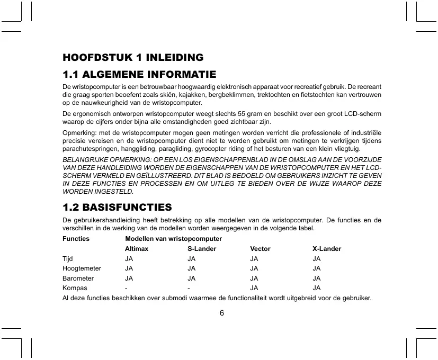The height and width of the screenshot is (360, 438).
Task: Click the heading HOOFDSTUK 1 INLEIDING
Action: [x=133, y=57]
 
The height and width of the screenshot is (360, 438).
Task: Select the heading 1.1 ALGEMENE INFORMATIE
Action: [x=139, y=74]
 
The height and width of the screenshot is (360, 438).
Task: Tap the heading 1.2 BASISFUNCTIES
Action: [x=117, y=206]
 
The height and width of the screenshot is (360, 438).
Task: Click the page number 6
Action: [x=222, y=312]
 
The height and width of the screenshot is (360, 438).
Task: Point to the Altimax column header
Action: [x=136, y=249]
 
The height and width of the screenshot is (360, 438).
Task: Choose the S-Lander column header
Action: [x=202, y=249]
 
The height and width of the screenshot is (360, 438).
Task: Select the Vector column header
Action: [x=260, y=249]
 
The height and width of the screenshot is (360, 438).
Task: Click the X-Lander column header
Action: [x=327, y=249]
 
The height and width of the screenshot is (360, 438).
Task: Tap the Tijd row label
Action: [x=67, y=259]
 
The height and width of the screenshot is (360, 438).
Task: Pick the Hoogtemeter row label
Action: [x=82, y=268]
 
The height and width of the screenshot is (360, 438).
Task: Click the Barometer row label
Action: [x=78, y=278]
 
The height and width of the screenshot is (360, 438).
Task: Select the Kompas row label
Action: [x=75, y=288]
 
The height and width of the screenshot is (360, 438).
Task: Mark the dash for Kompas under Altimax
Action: [x=126, y=288]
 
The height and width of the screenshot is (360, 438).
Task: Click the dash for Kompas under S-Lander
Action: [x=189, y=288]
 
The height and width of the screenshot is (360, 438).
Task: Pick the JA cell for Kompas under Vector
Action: [x=254, y=288]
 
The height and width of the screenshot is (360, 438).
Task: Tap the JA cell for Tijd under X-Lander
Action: [x=317, y=259]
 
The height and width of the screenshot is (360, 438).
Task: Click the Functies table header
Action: [x=76, y=239]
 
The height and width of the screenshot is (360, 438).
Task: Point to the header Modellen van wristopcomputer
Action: [x=173, y=239]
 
